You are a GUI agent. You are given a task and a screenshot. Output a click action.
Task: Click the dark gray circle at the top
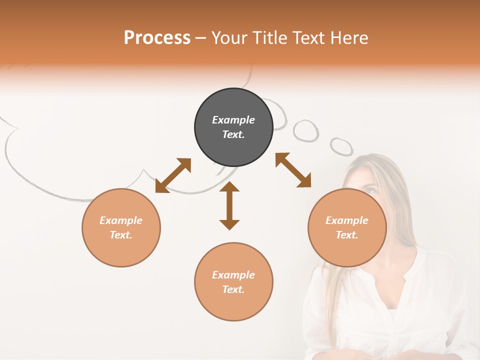pos(233,127)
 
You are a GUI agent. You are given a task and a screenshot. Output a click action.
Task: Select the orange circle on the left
pos(121,227)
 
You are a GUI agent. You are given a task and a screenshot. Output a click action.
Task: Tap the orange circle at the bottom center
pos(233,281)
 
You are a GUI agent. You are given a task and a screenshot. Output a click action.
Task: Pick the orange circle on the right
pos(347,227)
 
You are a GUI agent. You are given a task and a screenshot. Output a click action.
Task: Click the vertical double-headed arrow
pos(229,205)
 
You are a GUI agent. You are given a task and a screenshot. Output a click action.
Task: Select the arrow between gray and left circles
pos(173,175)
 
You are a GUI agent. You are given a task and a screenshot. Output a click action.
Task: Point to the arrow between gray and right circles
pos(293,170)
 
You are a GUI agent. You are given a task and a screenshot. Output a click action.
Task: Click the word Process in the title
pos(157,37)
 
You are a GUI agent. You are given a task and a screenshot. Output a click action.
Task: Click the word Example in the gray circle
pos(233,120)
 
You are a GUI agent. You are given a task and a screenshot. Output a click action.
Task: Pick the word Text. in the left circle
pos(121,235)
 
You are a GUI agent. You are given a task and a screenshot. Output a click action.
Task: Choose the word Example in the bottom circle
pos(233,275)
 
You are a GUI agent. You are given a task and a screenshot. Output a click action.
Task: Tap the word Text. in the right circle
pos(347,235)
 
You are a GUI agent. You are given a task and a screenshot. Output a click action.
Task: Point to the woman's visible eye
pos(370,190)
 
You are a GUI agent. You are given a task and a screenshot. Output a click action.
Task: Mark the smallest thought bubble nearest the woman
pos(341,146)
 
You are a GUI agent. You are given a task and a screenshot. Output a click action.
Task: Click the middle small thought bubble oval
pos(305,130)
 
